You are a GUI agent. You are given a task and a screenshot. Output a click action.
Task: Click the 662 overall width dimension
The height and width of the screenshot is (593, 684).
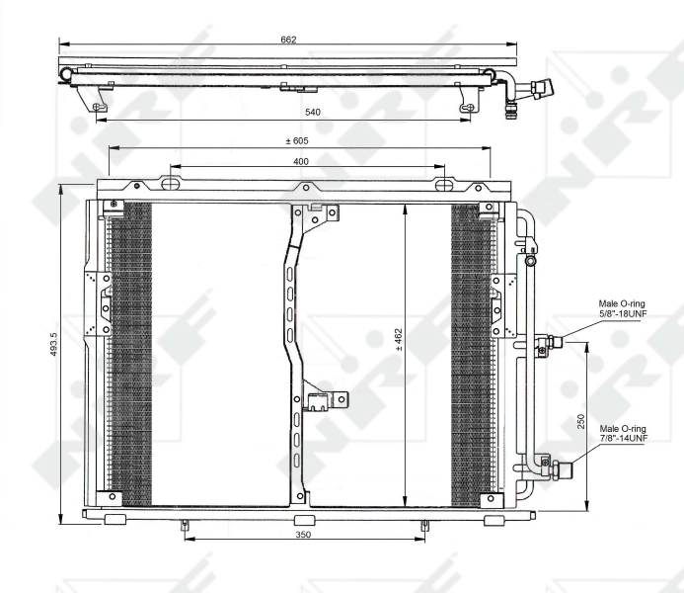(288, 40)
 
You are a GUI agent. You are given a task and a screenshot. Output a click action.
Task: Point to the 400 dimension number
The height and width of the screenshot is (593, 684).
(300, 160)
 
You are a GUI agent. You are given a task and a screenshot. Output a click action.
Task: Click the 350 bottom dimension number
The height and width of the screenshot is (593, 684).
(303, 535)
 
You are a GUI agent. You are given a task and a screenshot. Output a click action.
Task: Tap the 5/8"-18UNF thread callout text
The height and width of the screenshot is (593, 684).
(623, 313)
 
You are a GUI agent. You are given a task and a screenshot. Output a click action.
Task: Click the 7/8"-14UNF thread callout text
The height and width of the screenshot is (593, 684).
(623, 438)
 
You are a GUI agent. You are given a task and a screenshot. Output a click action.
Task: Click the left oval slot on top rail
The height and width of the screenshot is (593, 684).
(171, 184)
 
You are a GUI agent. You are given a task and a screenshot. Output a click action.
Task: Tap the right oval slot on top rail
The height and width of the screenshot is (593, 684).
(445, 184)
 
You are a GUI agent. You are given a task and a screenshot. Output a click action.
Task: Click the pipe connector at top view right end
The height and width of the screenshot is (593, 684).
(539, 90)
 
